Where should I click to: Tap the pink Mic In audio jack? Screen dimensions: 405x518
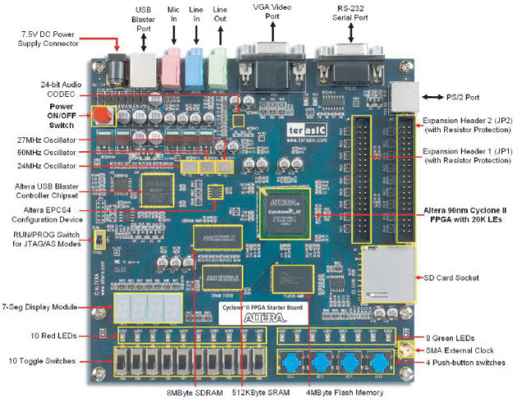click(171, 62)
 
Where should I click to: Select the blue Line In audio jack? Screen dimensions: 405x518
click(194, 62)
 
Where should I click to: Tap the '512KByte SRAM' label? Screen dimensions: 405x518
click(258, 394)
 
